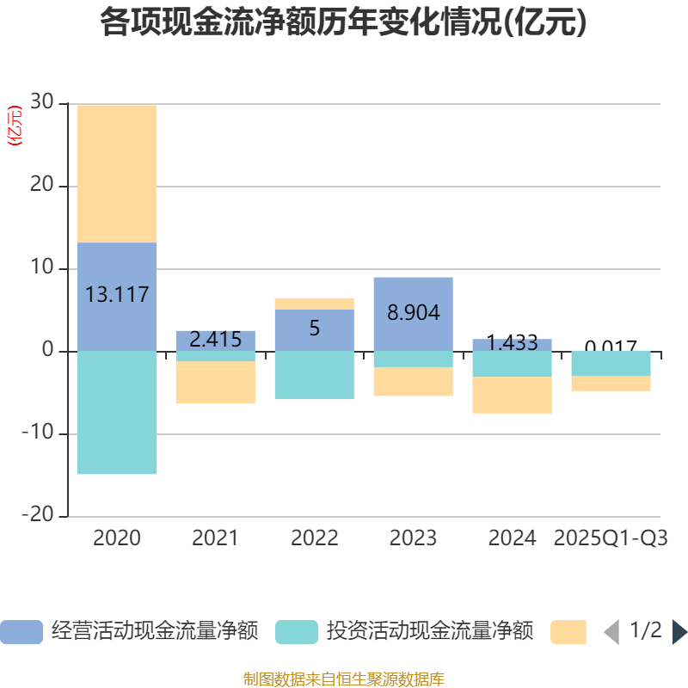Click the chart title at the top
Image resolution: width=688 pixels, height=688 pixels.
pos(343,23)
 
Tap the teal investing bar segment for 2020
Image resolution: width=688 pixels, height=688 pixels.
pos(117,413)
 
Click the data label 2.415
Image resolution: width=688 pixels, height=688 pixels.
pos(215,340)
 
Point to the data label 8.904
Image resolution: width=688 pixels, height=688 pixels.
pos(413,313)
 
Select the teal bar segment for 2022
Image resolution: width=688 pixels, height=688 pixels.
pos(314,376)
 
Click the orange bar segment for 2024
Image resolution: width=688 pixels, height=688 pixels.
pos(512,396)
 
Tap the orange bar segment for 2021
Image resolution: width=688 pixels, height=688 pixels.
pos(215,383)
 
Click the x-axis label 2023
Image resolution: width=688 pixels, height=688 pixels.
pos(413,538)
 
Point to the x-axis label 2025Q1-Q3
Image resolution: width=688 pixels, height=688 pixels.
pos(611,538)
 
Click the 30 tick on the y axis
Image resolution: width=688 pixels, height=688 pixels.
pos(41,103)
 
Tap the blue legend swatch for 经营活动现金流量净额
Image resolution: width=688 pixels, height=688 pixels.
pos(21,632)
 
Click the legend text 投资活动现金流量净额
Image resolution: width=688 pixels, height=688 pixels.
pos(430,632)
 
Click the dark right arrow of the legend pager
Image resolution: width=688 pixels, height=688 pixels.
pos(679,632)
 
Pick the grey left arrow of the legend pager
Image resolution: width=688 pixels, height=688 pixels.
pos(612,632)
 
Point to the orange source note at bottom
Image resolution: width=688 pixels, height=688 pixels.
pos(343,679)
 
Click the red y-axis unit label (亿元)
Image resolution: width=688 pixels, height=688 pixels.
pos(14,126)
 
